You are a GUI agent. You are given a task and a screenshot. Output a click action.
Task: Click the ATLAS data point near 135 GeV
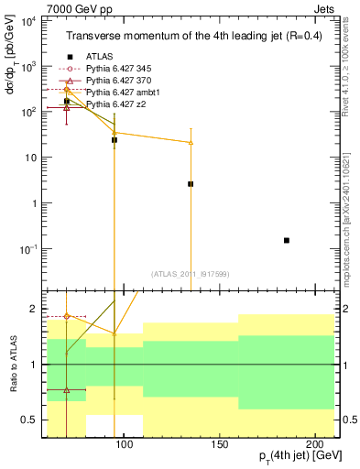coord(191,184)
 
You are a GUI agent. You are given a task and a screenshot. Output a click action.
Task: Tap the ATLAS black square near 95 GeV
coord(115,140)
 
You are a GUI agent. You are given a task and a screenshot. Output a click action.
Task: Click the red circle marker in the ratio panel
coord(67,316)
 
